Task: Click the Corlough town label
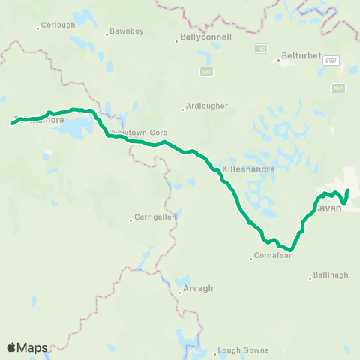pos(59,25)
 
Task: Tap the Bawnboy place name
pos(121,31)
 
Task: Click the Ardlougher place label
pos(208,106)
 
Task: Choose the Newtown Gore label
pos(139,133)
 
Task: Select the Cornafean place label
pos(273,256)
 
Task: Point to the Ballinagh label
pos(331,275)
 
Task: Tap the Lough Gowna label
pos(237,351)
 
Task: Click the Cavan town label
pos(328,208)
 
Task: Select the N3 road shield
pos(261,49)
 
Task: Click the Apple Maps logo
pos(28,347)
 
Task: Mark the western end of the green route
pos(13,123)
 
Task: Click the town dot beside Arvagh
pos(179,292)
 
